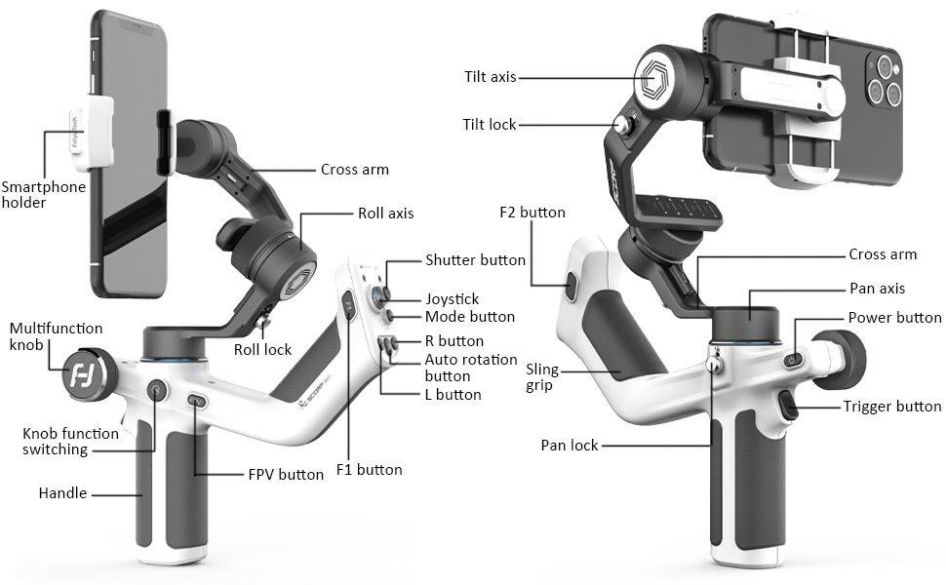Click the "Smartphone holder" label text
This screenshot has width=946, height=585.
(x=44, y=195)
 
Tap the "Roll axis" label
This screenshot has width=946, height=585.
(x=386, y=214)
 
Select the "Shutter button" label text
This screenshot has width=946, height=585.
(x=475, y=260)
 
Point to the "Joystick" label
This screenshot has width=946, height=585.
(x=452, y=299)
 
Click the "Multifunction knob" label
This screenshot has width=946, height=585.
(x=57, y=336)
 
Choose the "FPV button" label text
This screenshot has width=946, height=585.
(x=286, y=475)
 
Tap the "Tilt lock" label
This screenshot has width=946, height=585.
(x=490, y=124)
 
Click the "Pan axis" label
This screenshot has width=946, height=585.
(x=877, y=289)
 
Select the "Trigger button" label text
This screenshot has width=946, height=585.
(x=892, y=407)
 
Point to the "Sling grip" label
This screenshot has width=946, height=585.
(x=542, y=377)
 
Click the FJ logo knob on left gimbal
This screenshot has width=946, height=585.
(x=82, y=376)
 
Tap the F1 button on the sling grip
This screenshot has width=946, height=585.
(x=349, y=306)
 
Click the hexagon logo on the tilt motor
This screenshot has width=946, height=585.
(x=652, y=77)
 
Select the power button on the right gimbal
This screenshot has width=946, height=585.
(x=792, y=361)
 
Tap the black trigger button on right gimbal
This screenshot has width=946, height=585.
(x=788, y=406)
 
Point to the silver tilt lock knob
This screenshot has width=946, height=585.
(x=621, y=125)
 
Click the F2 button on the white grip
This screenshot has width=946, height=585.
(x=571, y=287)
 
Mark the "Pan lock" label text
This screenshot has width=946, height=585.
(x=569, y=446)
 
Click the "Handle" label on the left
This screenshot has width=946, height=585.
(x=62, y=493)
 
